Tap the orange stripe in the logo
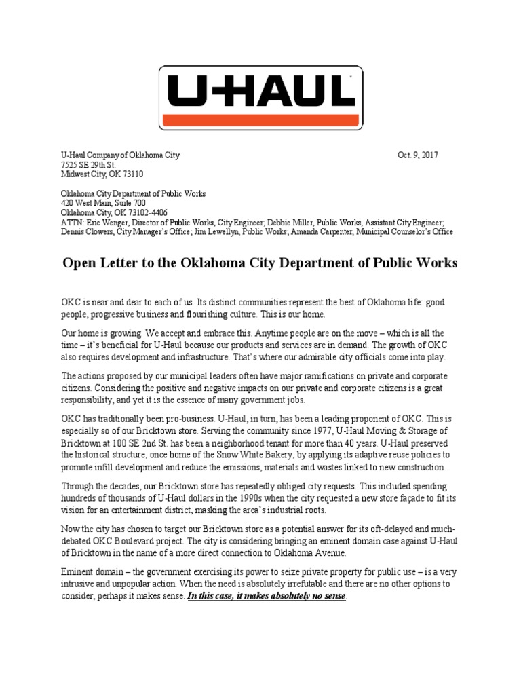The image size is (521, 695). (x=260, y=119)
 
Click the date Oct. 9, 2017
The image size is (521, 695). (x=418, y=155)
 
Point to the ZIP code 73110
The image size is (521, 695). (x=130, y=174)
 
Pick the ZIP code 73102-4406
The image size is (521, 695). (x=147, y=212)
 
